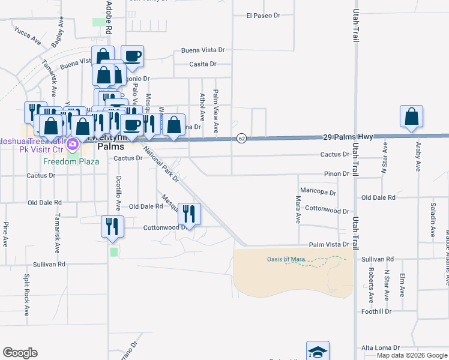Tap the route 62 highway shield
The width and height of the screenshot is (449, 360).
coord(241,137)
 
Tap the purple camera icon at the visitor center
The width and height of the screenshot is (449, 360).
coord(73,144)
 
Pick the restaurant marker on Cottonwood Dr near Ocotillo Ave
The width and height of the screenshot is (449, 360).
coord(112,226)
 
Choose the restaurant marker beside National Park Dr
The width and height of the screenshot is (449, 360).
coord(189,213)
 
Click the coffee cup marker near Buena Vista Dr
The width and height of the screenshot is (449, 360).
coord(132,56)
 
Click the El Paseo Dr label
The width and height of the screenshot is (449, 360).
coord(263,15)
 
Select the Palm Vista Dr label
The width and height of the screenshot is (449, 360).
coord(329,245)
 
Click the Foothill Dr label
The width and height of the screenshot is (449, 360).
coord(376,311)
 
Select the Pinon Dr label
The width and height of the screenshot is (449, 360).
coord(337,173)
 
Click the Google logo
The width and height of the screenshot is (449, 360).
coord(20,353)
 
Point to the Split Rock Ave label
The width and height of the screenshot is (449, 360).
coord(26,295)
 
